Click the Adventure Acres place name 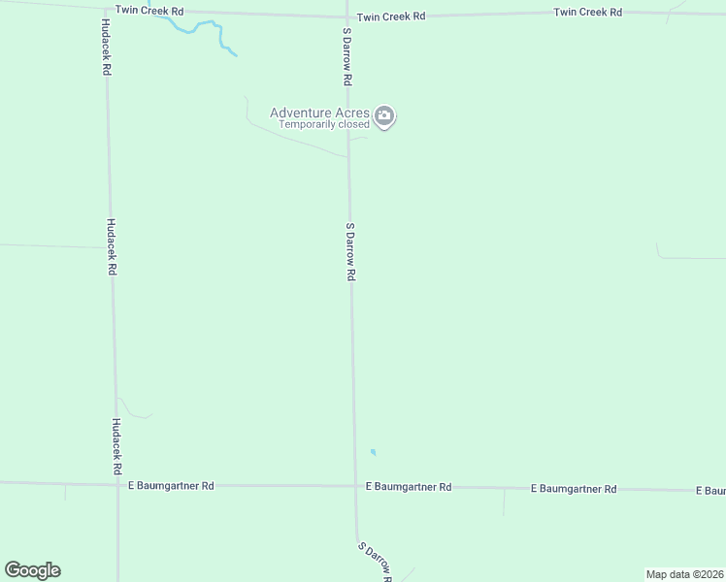(319, 113)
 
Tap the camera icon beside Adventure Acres (385, 117)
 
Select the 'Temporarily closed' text (324, 124)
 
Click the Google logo (32, 570)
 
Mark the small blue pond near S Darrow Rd (374, 452)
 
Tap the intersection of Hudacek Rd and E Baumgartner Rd (117, 483)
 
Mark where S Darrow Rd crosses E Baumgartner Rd (354, 486)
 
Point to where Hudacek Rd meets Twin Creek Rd (105, 12)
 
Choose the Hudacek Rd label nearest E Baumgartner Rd (115, 446)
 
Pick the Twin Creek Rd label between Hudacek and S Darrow (149, 11)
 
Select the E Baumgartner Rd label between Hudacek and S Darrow (171, 485)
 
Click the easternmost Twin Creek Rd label (587, 13)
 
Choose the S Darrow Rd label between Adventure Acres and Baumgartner (350, 251)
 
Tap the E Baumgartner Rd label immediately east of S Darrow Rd (409, 487)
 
